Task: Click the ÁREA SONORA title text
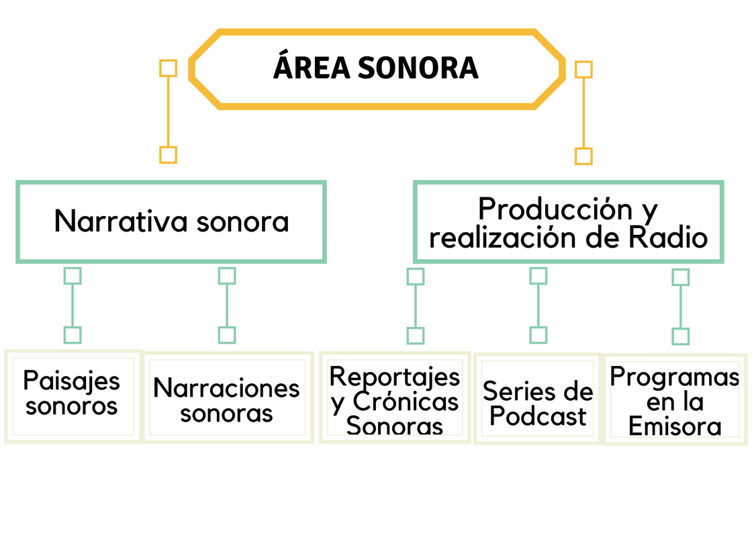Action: [x=375, y=67]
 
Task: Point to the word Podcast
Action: [x=538, y=416]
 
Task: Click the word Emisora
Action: [x=675, y=426]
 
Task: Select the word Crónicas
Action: [x=406, y=402]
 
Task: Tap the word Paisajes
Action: [x=72, y=382]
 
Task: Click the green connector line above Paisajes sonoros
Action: [x=73, y=305]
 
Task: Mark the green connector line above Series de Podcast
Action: [x=538, y=305]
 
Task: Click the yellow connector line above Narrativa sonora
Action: [x=169, y=111]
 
